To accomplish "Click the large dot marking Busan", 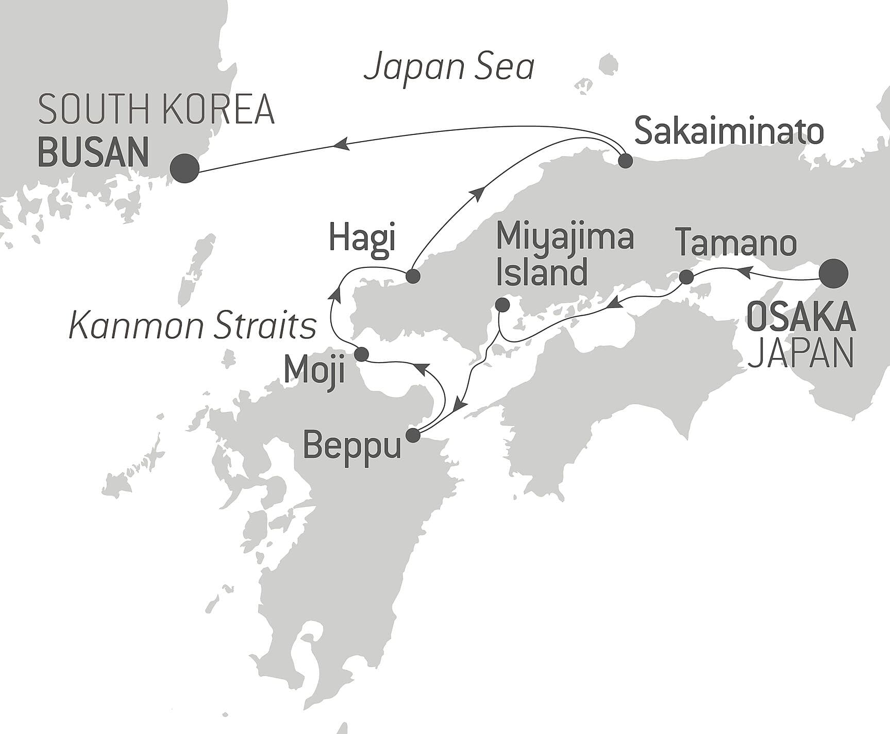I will [184, 168].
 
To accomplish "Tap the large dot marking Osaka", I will [834, 274].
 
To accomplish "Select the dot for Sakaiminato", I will [625, 161].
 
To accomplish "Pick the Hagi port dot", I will [413, 276].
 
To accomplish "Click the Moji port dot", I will [362, 354].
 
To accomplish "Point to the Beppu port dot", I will [413, 436].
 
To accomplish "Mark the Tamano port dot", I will [686, 277].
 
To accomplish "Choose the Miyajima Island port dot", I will [502, 305].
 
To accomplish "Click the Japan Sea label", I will [449, 68].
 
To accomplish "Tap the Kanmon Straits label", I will [192, 326].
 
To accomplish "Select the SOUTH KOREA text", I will [156, 110].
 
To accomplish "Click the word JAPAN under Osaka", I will [800, 353].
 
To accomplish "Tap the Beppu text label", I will [351, 446].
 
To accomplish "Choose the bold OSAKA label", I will [800, 318].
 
